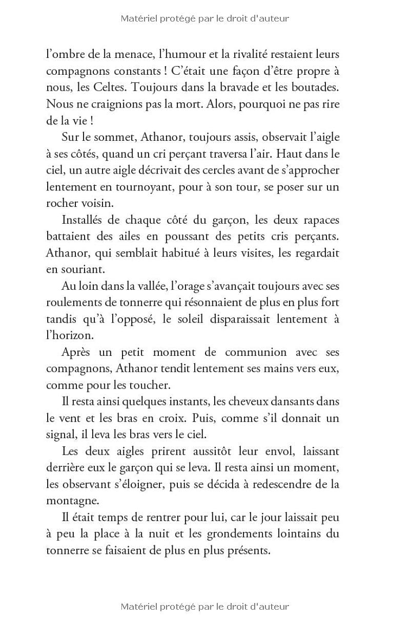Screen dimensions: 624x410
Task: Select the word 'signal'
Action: (x=60, y=435)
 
